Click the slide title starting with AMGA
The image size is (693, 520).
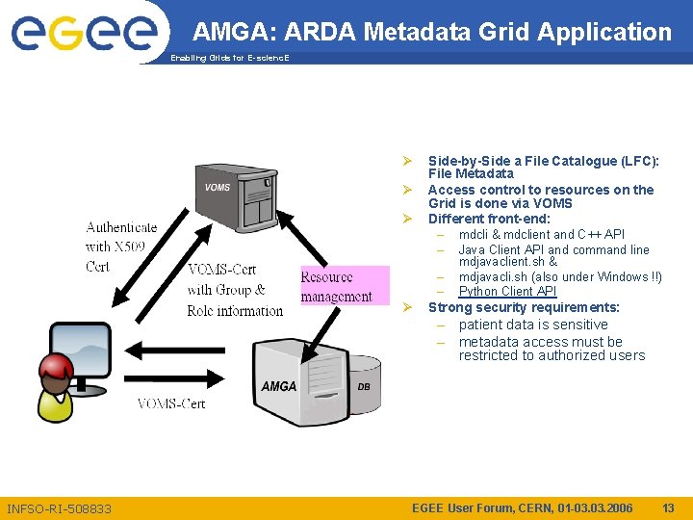click(431, 32)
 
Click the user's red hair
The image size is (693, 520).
click(56, 367)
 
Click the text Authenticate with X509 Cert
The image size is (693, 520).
click(120, 247)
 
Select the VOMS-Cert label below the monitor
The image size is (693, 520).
click(171, 403)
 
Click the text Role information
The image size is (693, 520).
click(235, 310)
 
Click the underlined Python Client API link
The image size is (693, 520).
click(507, 292)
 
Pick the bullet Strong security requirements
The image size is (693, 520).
click(524, 308)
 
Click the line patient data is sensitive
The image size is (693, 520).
click(533, 325)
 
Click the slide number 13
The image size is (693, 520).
click(668, 507)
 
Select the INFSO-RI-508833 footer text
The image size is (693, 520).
click(59, 508)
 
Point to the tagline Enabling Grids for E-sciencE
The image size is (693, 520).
click(229, 59)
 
